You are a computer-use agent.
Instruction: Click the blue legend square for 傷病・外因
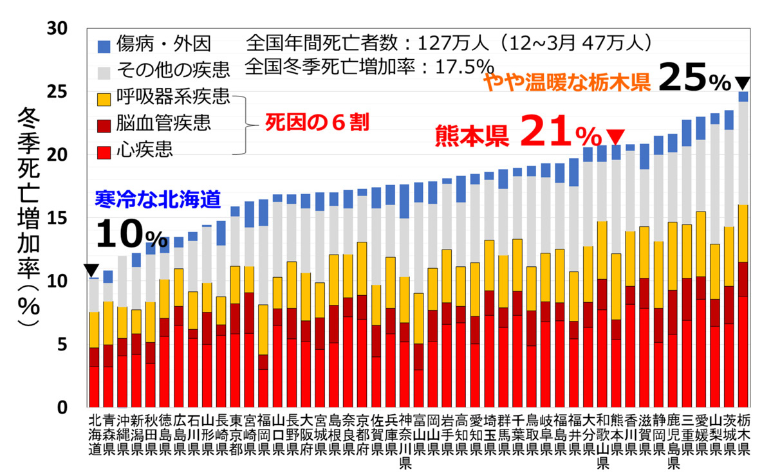[x=104, y=45]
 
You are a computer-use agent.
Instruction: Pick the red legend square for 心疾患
[x=104, y=150]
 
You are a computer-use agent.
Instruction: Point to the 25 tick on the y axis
[x=67, y=91]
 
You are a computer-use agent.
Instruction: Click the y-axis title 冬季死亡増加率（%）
[x=29, y=219]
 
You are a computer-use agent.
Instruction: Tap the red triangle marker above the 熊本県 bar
[x=616, y=136]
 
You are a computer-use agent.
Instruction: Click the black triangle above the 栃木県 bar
[x=743, y=83]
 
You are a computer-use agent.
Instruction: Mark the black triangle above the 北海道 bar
[x=93, y=270]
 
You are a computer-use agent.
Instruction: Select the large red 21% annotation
[x=558, y=134]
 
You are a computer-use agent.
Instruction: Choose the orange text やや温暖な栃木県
[x=566, y=81]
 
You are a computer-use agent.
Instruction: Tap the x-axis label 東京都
[x=235, y=434]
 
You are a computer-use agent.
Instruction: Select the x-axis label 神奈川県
[x=404, y=440]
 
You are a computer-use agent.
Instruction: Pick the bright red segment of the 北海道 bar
[x=94, y=386]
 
